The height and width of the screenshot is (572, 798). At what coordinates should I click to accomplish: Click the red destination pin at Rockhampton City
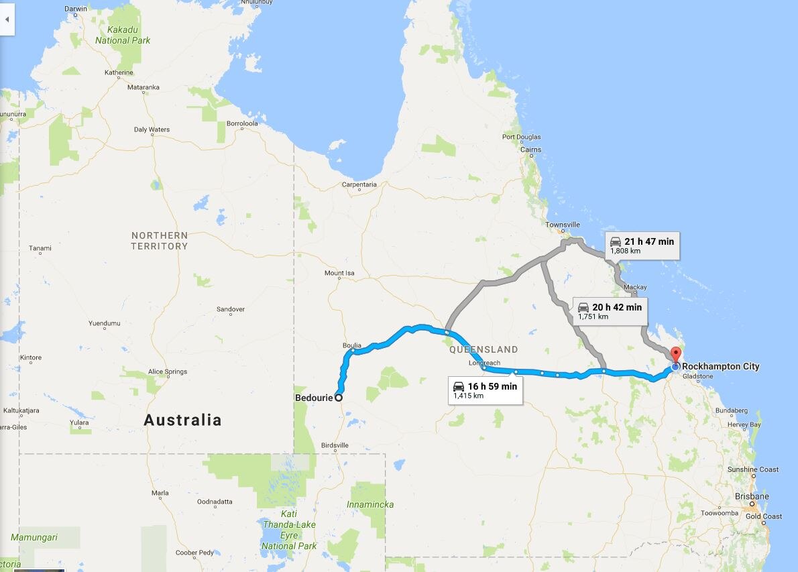[675, 353]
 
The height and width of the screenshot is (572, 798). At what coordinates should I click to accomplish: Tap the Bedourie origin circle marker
[339, 398]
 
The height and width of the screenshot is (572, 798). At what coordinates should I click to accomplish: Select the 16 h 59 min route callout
[486, 390]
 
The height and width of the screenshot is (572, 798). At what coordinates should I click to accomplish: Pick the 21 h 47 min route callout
[642, 245]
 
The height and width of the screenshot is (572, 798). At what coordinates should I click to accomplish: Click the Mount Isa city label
[339, 274]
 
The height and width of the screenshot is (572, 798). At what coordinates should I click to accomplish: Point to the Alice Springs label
[167, 371]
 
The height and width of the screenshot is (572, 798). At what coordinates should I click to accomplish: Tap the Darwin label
[76, 9]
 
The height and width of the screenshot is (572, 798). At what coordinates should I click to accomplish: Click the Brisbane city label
[751, 497]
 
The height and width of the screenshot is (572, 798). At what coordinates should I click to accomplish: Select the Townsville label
[562, 225]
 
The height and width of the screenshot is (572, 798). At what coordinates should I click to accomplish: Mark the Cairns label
[530, 150]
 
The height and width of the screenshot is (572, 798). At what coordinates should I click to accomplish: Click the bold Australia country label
[182, 420]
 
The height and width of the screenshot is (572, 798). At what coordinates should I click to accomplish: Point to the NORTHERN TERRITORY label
[160, 241]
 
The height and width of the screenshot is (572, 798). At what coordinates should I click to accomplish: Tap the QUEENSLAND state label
[483, 349]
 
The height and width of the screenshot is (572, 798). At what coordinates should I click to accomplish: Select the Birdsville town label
[335, 445]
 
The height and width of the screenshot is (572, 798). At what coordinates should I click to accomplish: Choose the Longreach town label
[484, 363]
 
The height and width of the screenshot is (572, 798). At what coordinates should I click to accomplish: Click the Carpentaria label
[359, 184]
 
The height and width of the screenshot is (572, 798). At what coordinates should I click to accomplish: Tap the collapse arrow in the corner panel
[7, 19]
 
